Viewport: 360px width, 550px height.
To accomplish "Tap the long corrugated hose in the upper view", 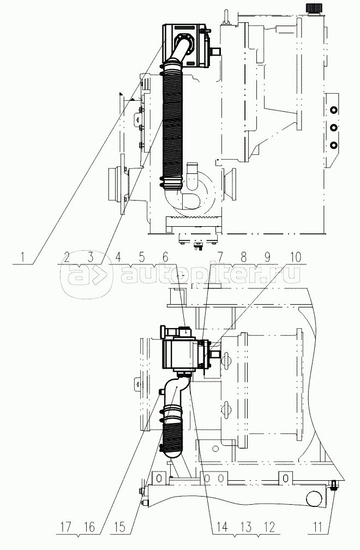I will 175,125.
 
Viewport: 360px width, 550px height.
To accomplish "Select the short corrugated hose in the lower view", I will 175,433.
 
